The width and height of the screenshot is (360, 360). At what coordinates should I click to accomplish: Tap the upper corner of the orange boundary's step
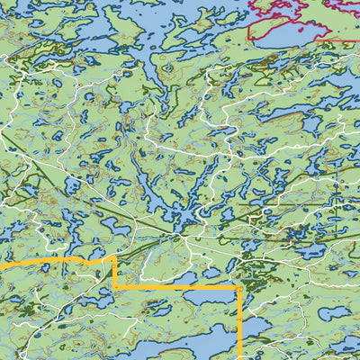coord(115,258)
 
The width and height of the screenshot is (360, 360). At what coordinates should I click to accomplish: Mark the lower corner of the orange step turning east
coord(115,287)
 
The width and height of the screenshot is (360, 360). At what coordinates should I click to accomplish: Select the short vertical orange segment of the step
coord(115,273)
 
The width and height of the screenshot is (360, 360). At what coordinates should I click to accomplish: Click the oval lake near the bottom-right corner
coord(335,313)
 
